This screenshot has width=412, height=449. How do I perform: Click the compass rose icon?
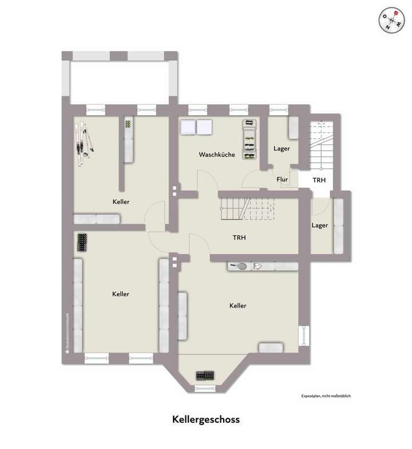pyautogui.click(x=392, y=21)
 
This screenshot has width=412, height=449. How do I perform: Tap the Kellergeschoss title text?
pyautogui.click(x=206, y=419)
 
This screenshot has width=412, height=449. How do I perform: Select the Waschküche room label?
pyautogui.click(x=217, y=155)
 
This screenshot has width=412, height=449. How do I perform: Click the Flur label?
pyautogui.click(x=282, y=179)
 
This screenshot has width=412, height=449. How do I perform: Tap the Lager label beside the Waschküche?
pyautogui.click(x=282, y=148)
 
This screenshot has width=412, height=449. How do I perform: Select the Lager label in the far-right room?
pyautogui.click(x=320, y=225)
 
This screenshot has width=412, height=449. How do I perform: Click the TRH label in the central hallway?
pyautogui.click(x=239, y=237)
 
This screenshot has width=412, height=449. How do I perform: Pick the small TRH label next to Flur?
pyautogui.click(x=319, y=180)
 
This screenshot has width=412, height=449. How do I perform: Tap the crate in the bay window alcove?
pyautogui.click(x=205, y=376)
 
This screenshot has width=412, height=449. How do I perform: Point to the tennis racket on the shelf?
pyautogui.click(x=241, y=266)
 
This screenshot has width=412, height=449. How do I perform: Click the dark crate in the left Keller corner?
pyautogui.click(x=83, y=242)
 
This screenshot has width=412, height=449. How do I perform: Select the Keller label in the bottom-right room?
pyautogui.click(x=237, y=306)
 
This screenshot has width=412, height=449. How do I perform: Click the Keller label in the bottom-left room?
pyautogui.click(x=121, y=294)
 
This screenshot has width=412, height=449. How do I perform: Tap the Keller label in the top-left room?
pyautogui.click(x=121, y=202)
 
